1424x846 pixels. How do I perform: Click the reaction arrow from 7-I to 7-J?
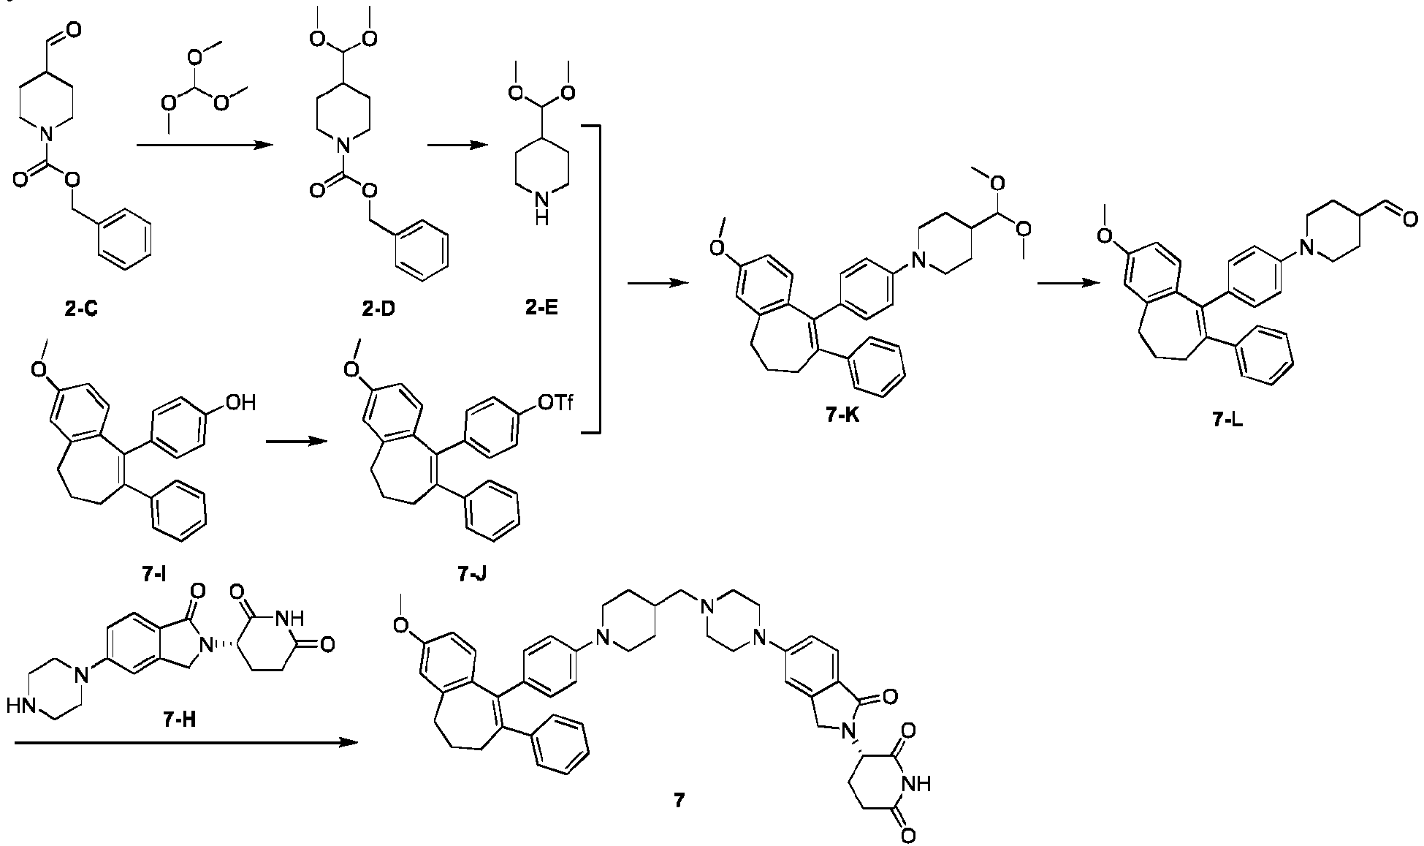[296, 440]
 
